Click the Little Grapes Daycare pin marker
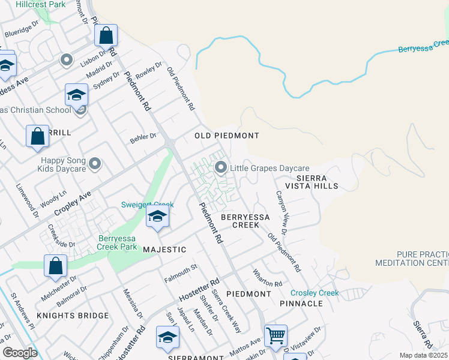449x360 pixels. (221, 167)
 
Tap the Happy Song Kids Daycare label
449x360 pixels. (64, 164)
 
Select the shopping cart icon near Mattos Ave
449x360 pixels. (276, 336)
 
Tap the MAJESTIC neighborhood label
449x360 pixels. (164, 249)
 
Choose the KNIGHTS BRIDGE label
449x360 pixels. (73, 316)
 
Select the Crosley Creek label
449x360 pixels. (315, 293)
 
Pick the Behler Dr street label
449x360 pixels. (143, 139)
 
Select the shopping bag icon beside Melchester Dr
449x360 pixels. (55, 265)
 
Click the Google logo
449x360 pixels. (20, 353)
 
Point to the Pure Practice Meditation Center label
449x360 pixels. (412, 259)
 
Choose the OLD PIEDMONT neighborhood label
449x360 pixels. (227, 136)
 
